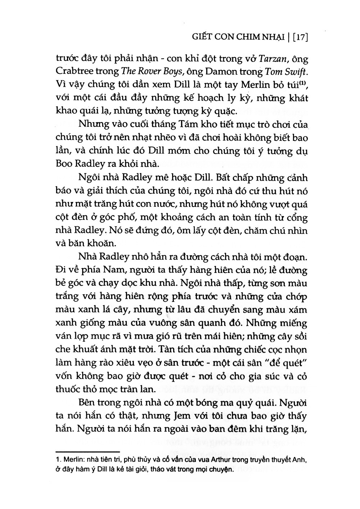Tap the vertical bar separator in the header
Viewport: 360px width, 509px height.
[x=288, y=37]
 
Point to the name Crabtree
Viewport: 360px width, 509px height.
[x=73, y=72]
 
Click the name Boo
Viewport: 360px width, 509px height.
[x=63, y=163]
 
